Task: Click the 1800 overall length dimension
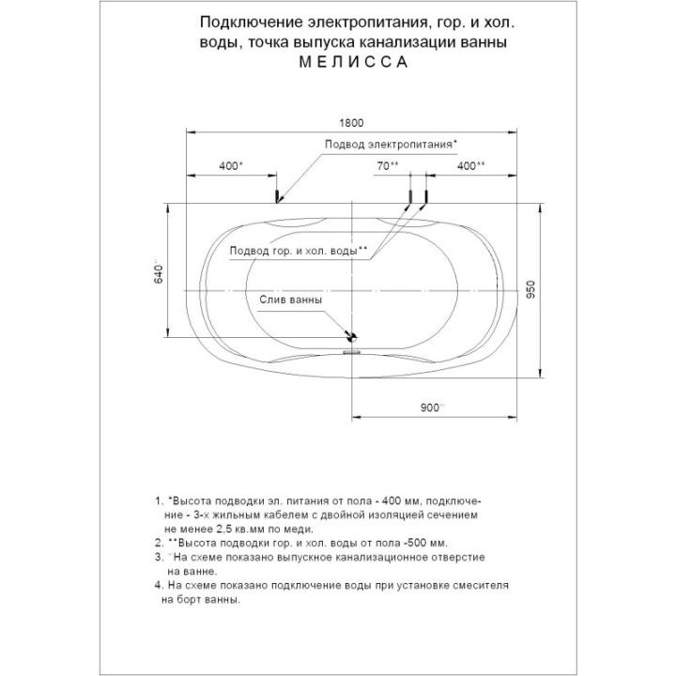point(351,123)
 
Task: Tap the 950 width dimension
point(530,289)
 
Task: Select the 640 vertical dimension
point(159,273)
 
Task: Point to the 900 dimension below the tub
point(431,407)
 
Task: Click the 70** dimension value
point(388,165)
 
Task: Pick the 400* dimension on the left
point(231,165)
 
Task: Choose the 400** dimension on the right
point(470,165)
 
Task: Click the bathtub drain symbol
point(352,337)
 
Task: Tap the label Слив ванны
point(290,300)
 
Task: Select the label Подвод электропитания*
point(391,144)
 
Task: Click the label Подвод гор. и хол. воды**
point(299,251)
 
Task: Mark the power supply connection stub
point(277,195)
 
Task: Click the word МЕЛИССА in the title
point(353,62)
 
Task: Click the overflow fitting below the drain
point(351,352)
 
